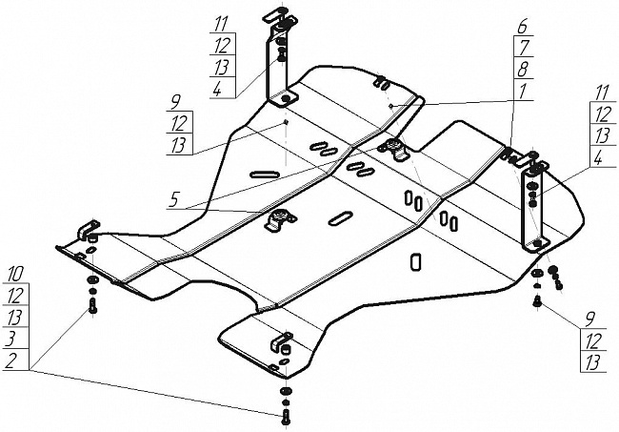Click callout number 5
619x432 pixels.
(x=173, y=200)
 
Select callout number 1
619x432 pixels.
(x=522, y=92)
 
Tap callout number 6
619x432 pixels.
(x=522, y=27)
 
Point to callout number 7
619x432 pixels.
(x=522, y=49)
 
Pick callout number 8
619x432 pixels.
(x=522, y=70)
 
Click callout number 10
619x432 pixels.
(x=15, y=274)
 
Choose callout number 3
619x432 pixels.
(x=12, y=339)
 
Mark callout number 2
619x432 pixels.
(x=11, y=360)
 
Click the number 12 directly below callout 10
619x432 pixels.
(x=15, y=296)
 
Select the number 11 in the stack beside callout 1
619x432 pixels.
(x=602, y=93)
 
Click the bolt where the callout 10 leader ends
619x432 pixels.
(x=92, y=306)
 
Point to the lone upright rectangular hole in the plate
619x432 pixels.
(x=416, y=262)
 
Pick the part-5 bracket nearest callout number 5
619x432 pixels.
(x=280, y=218)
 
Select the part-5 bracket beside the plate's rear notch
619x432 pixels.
(x=392, y=148)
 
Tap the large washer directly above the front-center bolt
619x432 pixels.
(x=285, y=391)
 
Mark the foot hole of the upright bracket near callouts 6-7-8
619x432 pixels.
(x=537, y=243)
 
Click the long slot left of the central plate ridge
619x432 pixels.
(x=265, y=174)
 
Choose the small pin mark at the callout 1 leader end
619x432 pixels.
(x=390, y=105)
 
